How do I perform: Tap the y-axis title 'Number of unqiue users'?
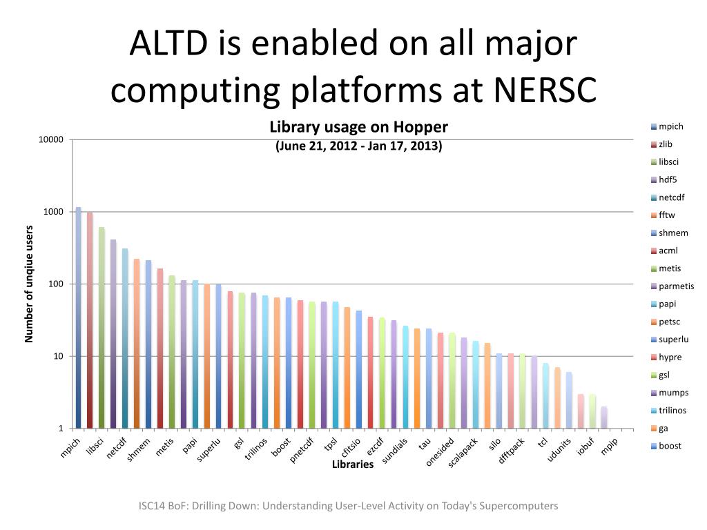pyautogui.click(x=29, y=284)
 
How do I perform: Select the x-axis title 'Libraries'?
pyautogui.click(x=353, y=464)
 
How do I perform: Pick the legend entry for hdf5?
pyautogui.click(x=667, y=179)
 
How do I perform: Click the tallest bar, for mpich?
pyautogui.click(x=79, y=317)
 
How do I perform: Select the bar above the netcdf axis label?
pyautogui.click(x=125, y=338)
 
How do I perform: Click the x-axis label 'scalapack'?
pyautogui.click(x=463, y=453)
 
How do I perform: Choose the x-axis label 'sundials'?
pyautogui.click(x=395, y=451)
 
